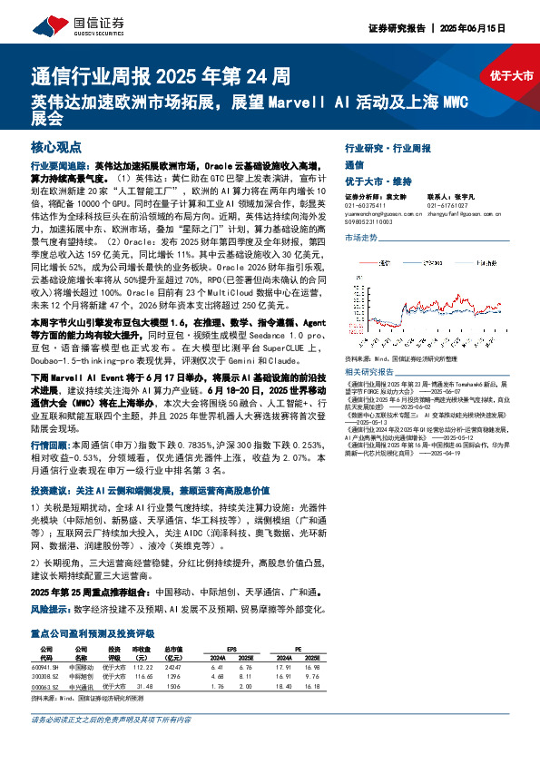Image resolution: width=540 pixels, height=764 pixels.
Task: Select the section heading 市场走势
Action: (x=360, y=237)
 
